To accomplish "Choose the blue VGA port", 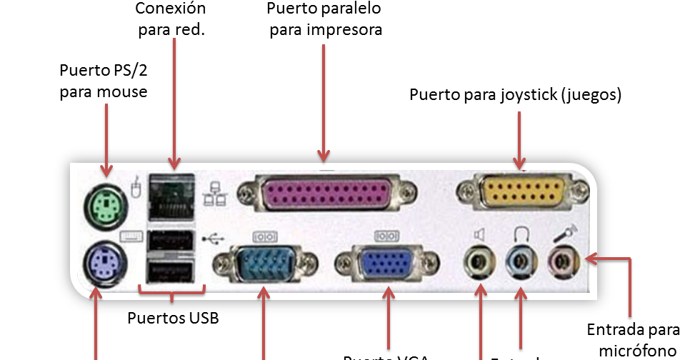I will point(386,265).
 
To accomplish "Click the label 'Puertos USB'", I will point(172,318).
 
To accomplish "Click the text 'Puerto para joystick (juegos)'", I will point(515,95).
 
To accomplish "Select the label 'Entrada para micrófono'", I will point(633,339).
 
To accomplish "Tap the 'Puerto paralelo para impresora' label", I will point(324,19).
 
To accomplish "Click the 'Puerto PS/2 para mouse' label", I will point(104,81).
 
